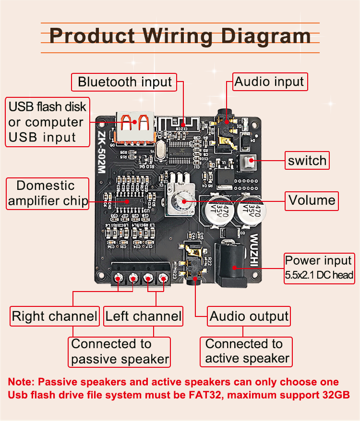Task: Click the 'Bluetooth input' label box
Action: pos(124,82)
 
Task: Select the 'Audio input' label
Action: pos(269,82)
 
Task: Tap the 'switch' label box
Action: pos(307,161)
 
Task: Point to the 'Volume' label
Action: pos(312,200)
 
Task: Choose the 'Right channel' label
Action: pos(54,316)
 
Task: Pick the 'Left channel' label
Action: pos(144,316)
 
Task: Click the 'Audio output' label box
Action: pos(249,316)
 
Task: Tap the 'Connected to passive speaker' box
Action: pos(120,351)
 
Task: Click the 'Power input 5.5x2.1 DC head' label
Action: pos(319,268)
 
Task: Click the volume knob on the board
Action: pos(183,201)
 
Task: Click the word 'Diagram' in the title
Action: pos(258,36)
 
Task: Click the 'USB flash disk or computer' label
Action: pos(48,122)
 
